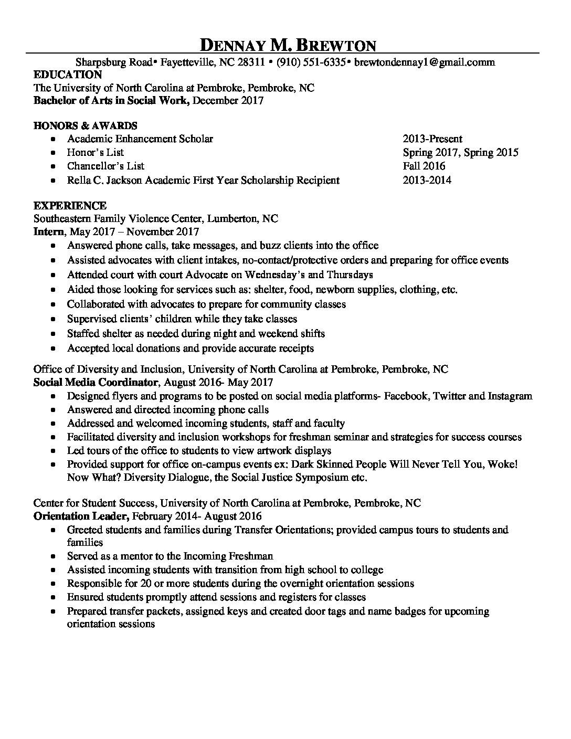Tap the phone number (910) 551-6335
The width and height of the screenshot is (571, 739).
[x=310, y=62]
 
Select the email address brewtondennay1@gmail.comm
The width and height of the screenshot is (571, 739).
[x=424, y=62]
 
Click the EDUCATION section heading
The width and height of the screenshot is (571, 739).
[x=68, y=75]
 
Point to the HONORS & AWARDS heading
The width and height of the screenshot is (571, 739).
[x=85, y=125]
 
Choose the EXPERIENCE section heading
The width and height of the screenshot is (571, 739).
[x=70, y=205]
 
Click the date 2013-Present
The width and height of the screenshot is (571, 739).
[x=432, y=139]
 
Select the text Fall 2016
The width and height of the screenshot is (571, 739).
[x=424, y=166]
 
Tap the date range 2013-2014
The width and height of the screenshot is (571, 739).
[x=427, y=181]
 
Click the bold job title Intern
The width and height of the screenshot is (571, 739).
[x=49, y=231]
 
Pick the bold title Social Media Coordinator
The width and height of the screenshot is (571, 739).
[x=96, y=382]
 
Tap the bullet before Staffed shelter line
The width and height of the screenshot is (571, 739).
[x=53, y=334]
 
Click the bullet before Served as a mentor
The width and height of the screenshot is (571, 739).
[x=53, y=556]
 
